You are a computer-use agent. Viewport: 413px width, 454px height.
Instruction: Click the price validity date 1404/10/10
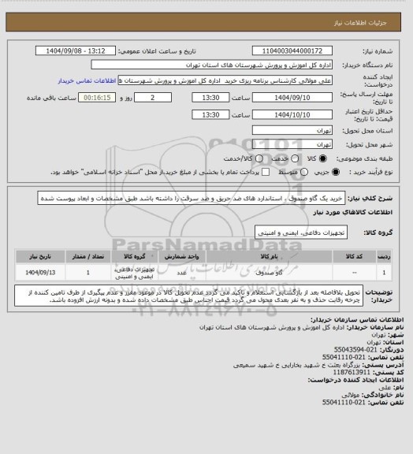point(292,114)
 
